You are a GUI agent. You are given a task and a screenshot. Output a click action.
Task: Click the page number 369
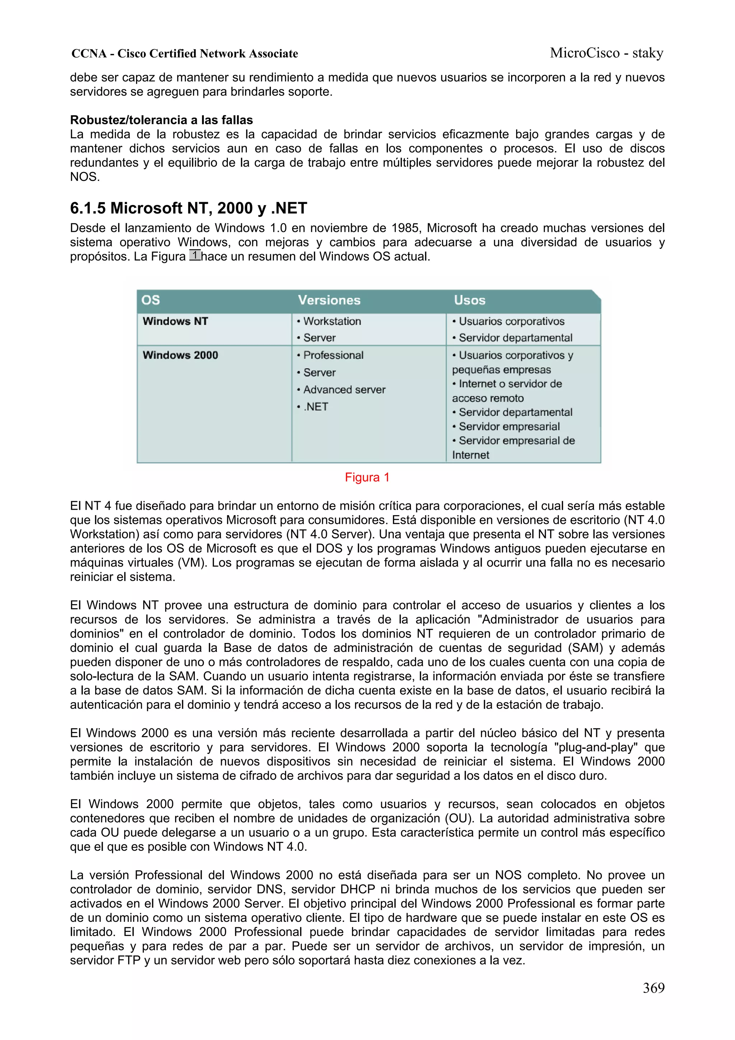(x=654, y=988)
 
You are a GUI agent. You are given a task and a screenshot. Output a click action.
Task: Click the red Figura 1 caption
(x=367, y=477)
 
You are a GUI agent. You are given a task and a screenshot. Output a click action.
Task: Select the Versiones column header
(x=329, y=300)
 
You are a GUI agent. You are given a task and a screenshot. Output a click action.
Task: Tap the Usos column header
(x=470, y=300)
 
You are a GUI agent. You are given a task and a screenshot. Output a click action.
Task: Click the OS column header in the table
(x=150, y=300)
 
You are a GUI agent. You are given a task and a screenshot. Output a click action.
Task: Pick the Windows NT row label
(x=175, y=321)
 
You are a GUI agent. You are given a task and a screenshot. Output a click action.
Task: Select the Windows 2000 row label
(x=180, y=355)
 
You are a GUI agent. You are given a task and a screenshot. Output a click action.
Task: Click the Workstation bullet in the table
(x=332, y=321)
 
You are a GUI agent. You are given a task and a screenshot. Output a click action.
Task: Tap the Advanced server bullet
(x=344, y=390)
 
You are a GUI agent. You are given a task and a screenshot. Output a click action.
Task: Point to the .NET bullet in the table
(x=316, y=407)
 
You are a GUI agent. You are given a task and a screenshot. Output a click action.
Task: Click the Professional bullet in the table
(x=333, y=355)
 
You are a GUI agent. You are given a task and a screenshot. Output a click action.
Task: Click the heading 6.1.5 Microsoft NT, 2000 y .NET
(x=188, y=208)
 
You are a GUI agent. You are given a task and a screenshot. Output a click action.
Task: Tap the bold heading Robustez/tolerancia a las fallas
(x=161, y=120)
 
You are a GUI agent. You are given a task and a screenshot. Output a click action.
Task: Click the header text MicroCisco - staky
(x=607, y=53)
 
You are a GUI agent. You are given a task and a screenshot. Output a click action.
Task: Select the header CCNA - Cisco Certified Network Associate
(x=185, y=54)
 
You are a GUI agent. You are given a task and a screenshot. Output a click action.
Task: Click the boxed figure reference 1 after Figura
(x=195, y=256)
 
